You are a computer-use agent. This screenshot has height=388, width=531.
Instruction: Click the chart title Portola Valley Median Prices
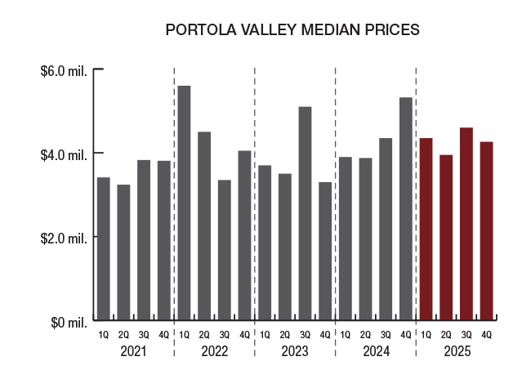pos(292,30)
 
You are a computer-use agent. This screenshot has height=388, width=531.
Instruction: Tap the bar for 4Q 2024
pos(406,208)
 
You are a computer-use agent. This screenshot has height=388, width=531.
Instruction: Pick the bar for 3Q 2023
pos(305,213)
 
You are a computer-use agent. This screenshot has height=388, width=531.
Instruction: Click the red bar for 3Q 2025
pos(466,224)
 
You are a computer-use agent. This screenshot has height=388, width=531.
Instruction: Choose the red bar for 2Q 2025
pos(446,237)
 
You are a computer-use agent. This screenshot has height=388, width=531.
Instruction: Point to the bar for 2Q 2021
pos(123,252)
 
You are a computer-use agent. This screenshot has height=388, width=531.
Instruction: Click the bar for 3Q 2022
pos(225,250)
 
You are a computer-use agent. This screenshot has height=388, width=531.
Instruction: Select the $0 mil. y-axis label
pos(69,322)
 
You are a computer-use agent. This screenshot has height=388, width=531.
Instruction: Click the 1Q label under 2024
pos(346,335)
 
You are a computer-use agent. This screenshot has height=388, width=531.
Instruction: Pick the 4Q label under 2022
pos(244,335)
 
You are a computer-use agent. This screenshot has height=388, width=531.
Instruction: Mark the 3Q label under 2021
pos(144,335)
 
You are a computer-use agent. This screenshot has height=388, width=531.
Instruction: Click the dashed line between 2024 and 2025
pos(416,204)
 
